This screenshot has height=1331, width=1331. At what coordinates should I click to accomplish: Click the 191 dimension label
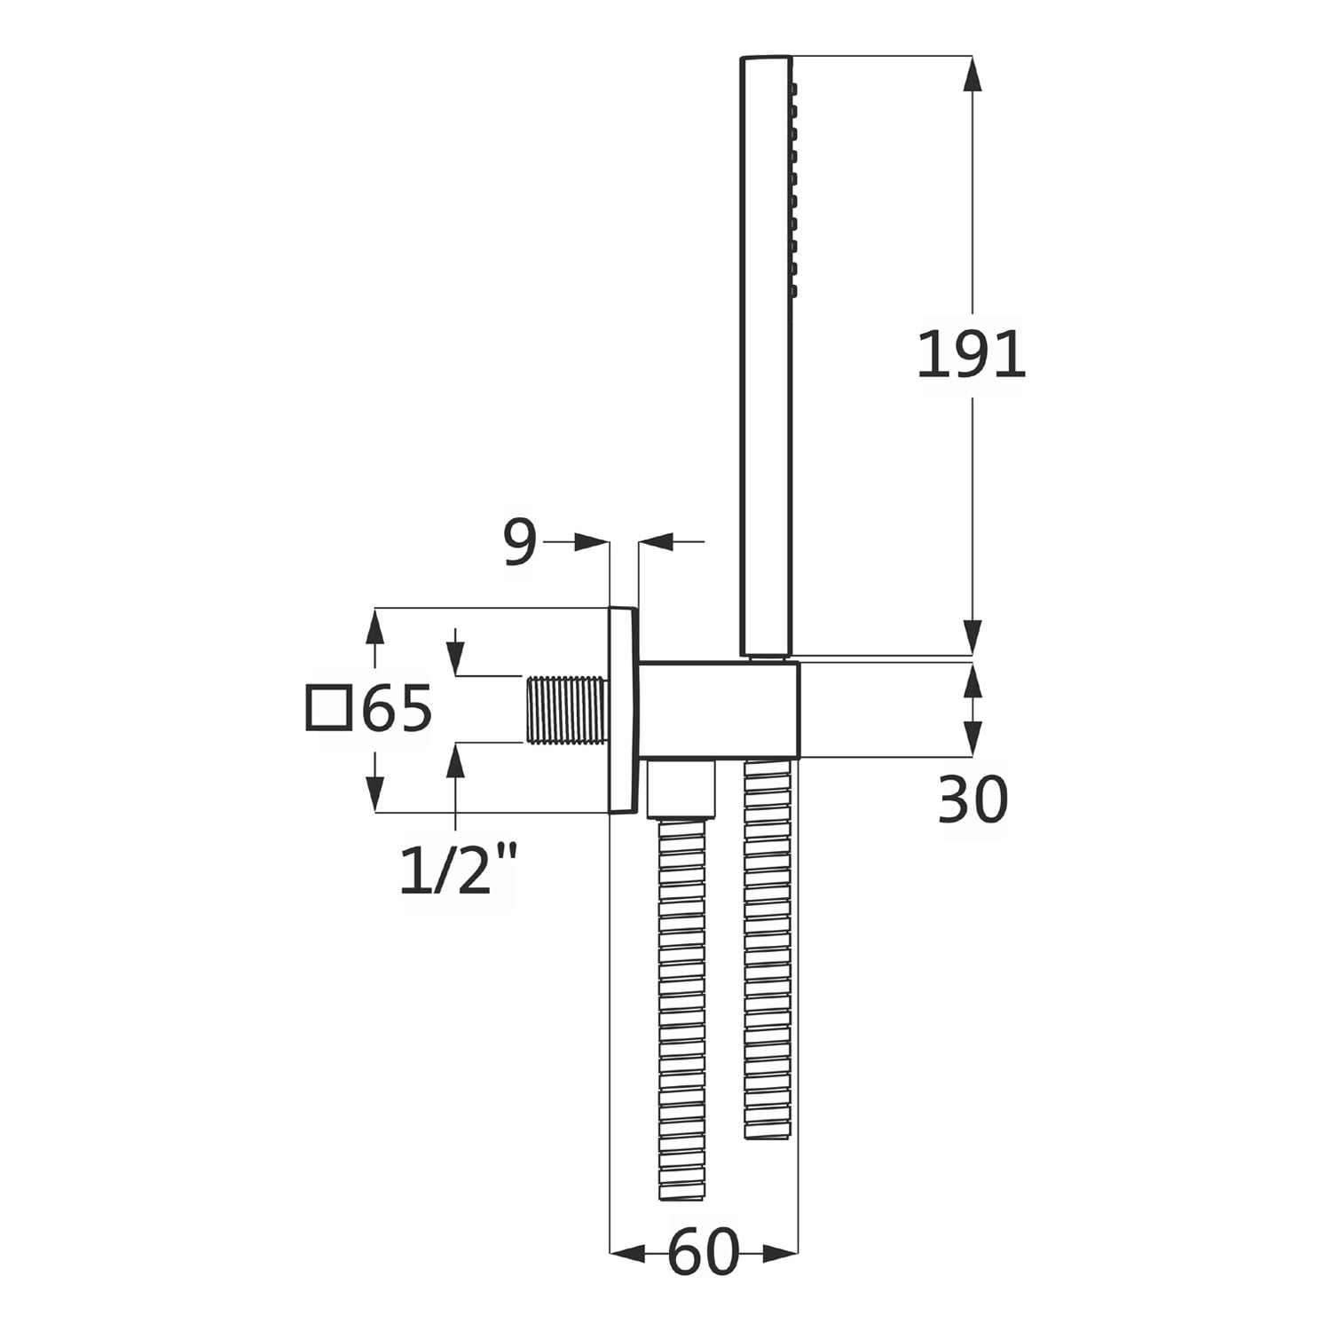(971, 354)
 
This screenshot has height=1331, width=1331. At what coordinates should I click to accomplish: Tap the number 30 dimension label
(973, 799)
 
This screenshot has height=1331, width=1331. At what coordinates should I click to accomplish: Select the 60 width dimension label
(703, 1253)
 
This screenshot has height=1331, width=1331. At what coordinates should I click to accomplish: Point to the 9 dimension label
(520, 542)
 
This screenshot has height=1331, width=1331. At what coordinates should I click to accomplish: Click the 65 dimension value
(397, 708)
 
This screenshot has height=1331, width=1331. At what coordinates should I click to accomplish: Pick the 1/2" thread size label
(458, 869)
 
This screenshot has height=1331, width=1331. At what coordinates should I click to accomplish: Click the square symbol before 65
(327, 708)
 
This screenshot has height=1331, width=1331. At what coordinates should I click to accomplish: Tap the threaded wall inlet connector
(568, 710)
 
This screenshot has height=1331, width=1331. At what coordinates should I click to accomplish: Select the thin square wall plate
(623, 710)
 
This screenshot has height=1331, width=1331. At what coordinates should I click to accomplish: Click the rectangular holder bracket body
(719, 710)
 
